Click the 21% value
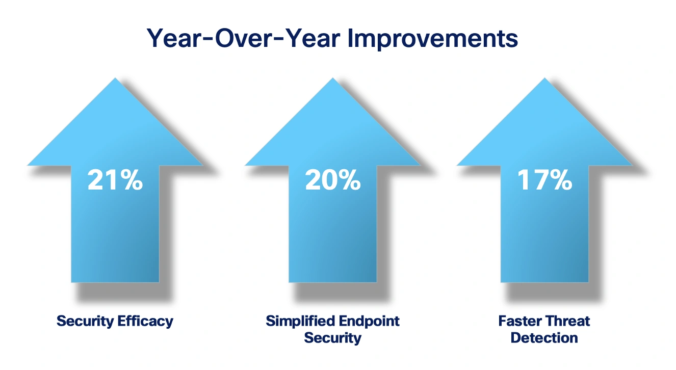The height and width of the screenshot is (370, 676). click(115, 180)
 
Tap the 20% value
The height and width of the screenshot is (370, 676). click(332, 180)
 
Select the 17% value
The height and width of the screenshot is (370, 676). click(544, 180)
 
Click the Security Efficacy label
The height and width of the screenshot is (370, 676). click(115, 321)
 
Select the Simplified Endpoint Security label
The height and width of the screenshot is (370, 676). click(332, 329)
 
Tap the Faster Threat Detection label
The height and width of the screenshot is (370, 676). click(544, 329)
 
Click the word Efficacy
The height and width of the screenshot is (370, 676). click(145, 321)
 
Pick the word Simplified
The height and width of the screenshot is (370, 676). click(298, 321)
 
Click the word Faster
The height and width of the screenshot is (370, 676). click(519, 321)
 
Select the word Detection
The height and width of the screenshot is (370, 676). click(544, 337)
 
